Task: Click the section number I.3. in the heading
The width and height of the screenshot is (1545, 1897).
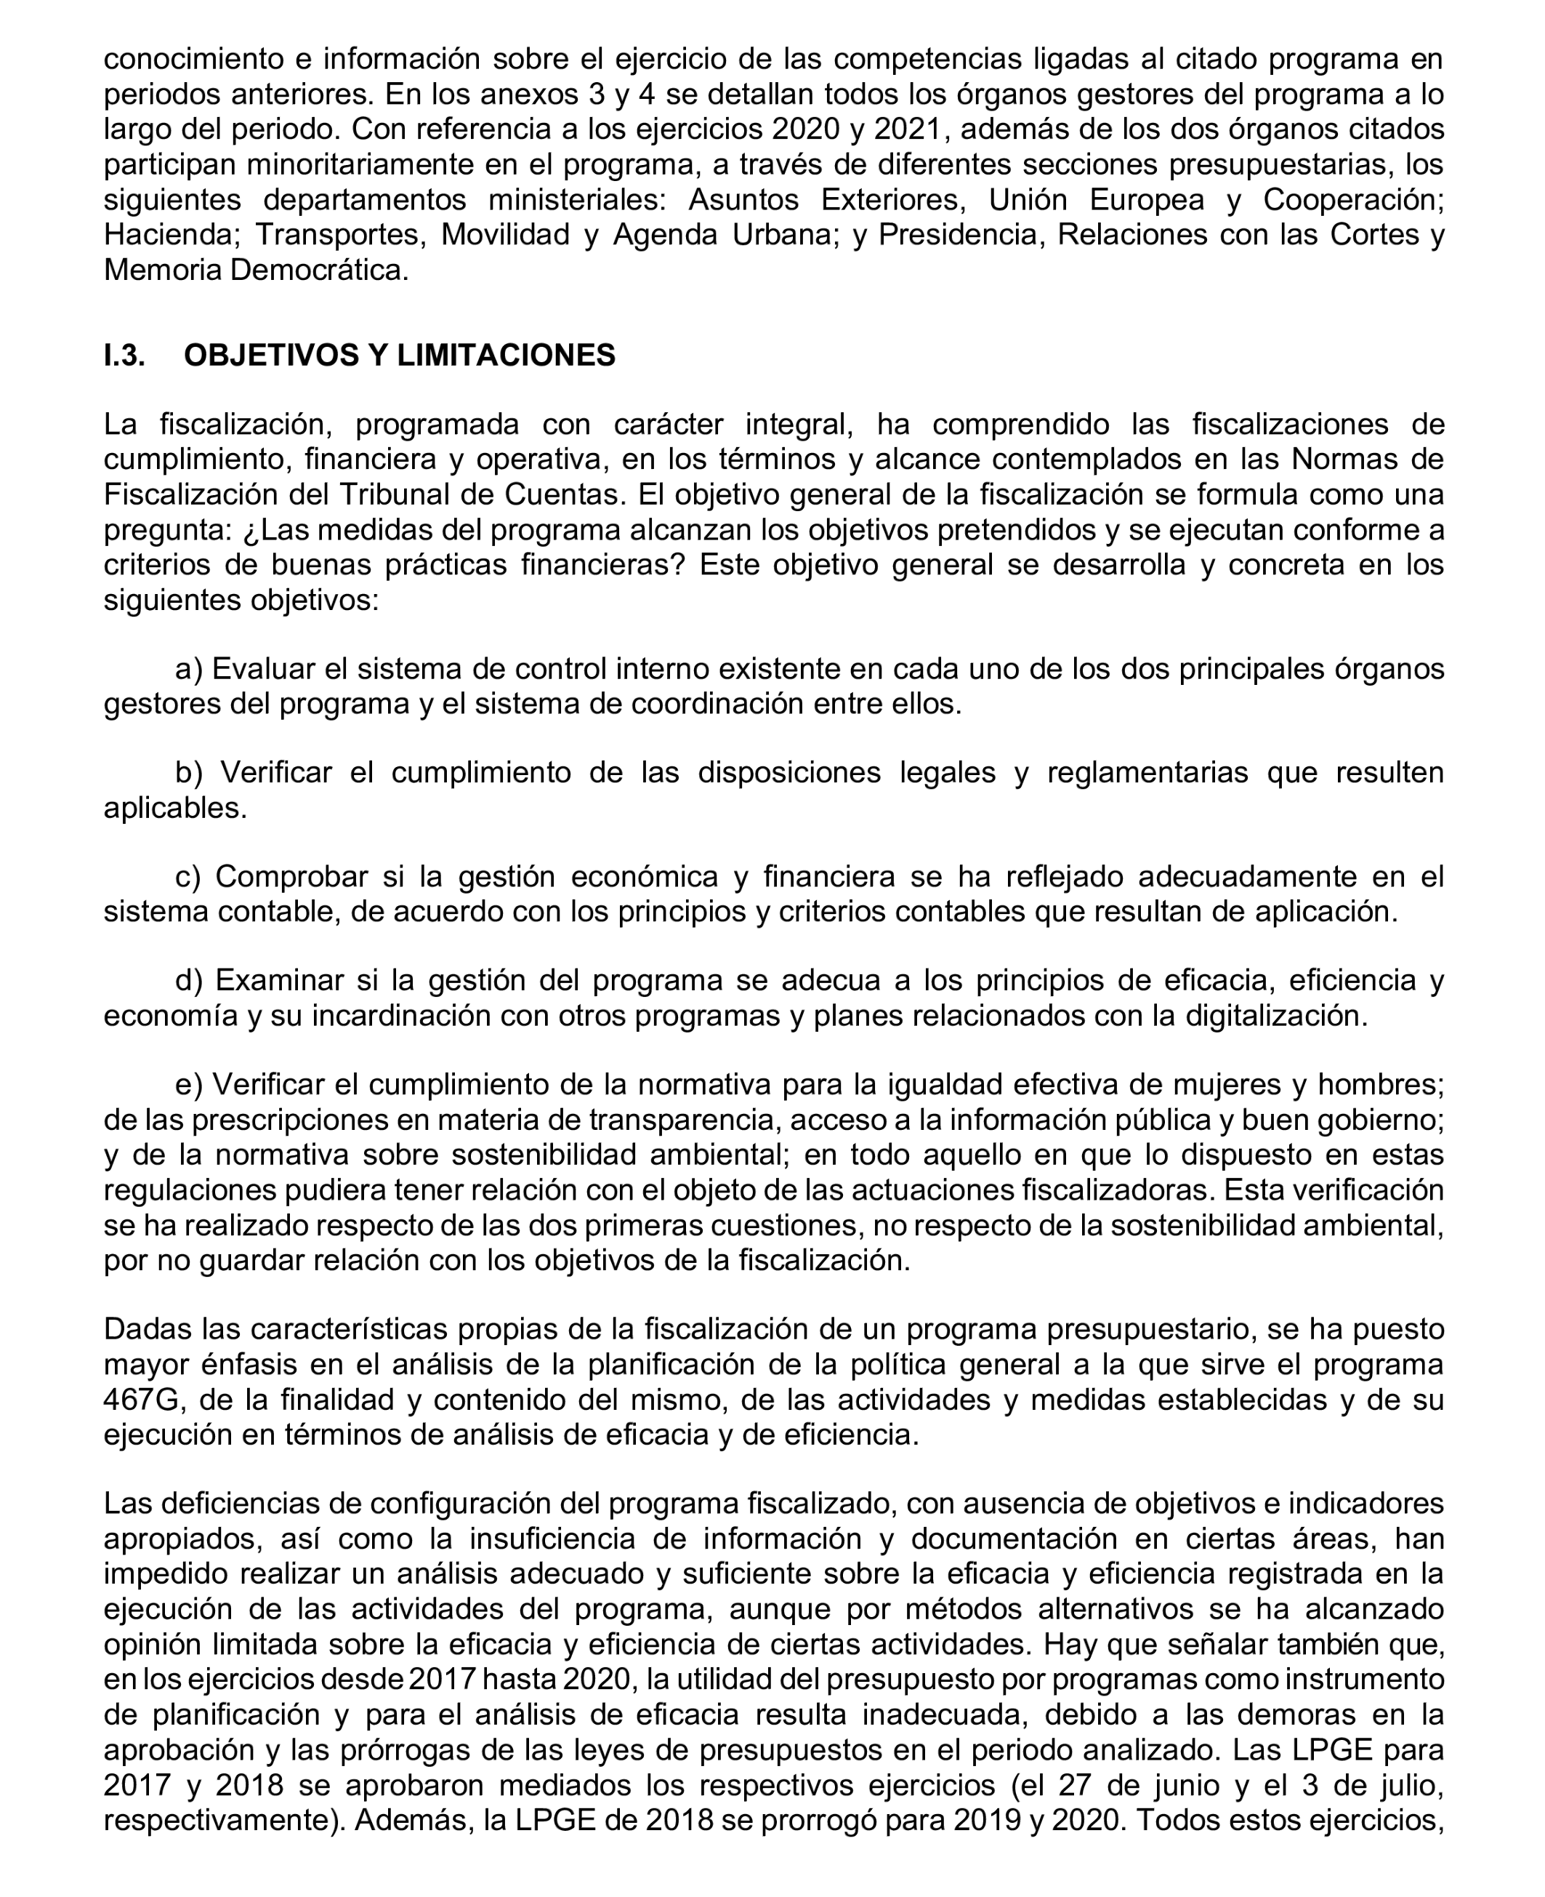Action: click(124, 355)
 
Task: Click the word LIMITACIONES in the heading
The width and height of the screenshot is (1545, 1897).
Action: click(506, 355)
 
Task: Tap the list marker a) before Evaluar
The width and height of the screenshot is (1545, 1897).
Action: click(190, 668)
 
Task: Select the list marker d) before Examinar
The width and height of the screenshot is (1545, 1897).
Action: click(190, 981)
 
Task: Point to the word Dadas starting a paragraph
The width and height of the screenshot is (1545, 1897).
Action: click(147, 1330)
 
